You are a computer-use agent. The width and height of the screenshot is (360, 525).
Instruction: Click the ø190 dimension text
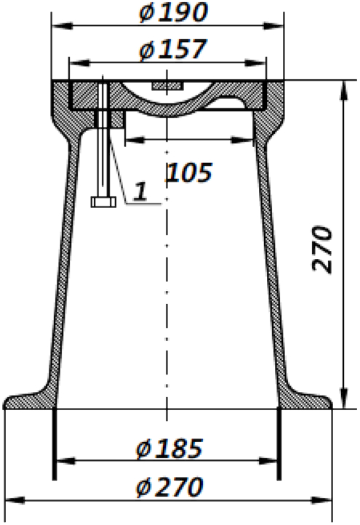point(172,12)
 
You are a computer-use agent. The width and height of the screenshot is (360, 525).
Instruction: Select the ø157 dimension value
point(172,49)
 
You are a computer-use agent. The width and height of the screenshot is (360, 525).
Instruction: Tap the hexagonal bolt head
point(103,201)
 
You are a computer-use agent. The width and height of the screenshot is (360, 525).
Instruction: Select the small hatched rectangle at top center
point(167,85)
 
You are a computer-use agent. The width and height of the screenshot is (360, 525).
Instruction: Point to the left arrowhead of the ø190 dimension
point(57,26)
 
